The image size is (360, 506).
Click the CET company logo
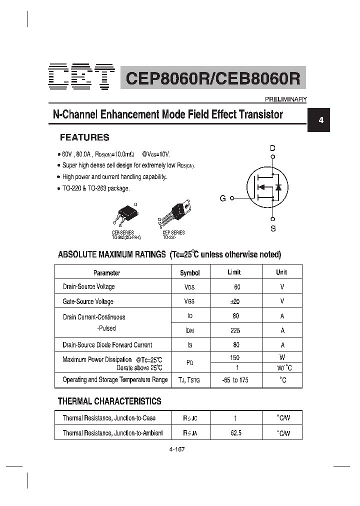click(82, 77)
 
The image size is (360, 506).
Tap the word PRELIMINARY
click(285, 99)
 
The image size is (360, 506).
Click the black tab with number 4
click(321, 120)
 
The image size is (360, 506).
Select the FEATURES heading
click(84, 137)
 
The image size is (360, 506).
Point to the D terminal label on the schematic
click(272, 148)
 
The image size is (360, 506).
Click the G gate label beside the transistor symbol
click(223, 198)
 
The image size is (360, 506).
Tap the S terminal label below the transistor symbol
click(273, 228)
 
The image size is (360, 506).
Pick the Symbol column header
click(189, 273)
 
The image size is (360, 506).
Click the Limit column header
click(234, 272)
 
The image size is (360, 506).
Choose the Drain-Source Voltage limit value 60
click(236, 287)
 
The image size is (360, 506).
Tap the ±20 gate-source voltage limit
click(235, 301)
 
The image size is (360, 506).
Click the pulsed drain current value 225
click(235, 330)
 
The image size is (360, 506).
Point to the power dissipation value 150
click(234, 357)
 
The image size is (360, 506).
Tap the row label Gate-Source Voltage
click(88, 301)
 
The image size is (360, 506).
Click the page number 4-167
click(177, 449)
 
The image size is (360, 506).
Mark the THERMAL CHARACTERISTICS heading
click(109, 401)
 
